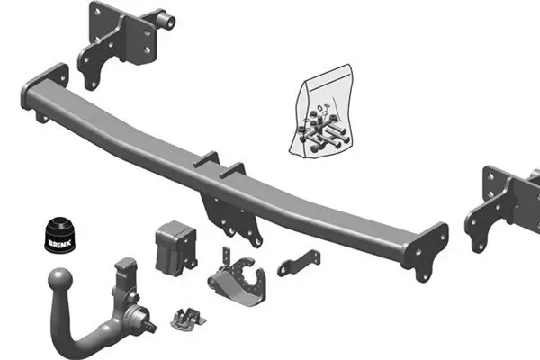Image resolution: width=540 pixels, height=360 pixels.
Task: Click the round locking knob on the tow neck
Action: click(x=139, y=316)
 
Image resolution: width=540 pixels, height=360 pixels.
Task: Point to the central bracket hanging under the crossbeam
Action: click(x=232, y=216)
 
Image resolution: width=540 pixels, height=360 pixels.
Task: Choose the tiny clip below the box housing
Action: click(x=185, y=318)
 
